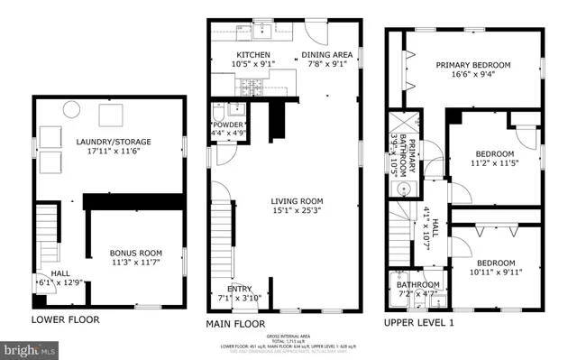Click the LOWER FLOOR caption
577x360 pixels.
coord(65,319)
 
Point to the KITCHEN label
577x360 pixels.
coord(229,54)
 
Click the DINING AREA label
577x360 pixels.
coord(326,54)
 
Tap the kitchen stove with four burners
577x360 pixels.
coord(250,89)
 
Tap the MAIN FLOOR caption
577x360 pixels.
coord(235,323)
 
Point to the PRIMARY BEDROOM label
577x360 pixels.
coord(473,65)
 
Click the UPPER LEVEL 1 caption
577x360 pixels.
coord(420,322)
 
